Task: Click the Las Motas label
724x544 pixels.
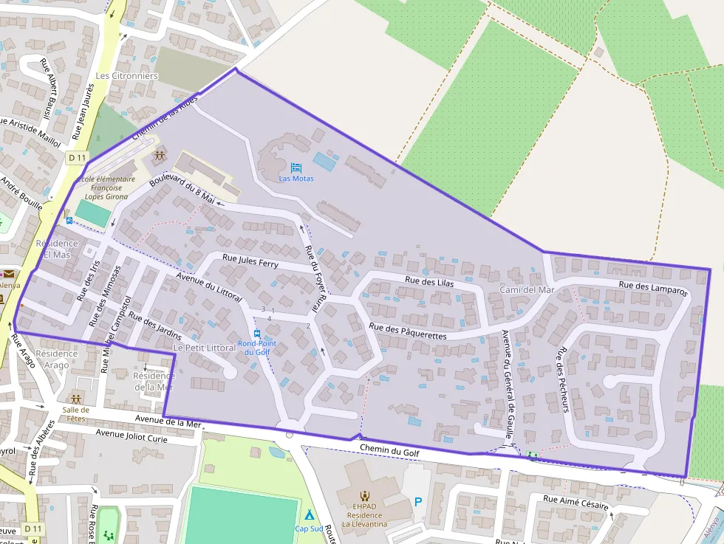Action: tap(296, 179)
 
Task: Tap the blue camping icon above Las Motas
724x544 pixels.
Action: tap(296, 168)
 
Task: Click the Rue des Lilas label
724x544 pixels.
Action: tap(428, 281)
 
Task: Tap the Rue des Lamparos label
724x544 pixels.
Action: tap(652, 288)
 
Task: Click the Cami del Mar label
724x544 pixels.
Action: tap(526, 290)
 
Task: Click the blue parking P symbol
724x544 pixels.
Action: tap(418, 502)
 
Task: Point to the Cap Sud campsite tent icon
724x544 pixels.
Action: tap(309, 514)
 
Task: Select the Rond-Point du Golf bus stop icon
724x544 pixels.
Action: tap(256, 334)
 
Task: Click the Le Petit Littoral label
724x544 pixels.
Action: tap(204, 348)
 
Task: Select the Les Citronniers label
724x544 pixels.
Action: tap(127, 76)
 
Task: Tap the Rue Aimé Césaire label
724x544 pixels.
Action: tap(576, 502)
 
